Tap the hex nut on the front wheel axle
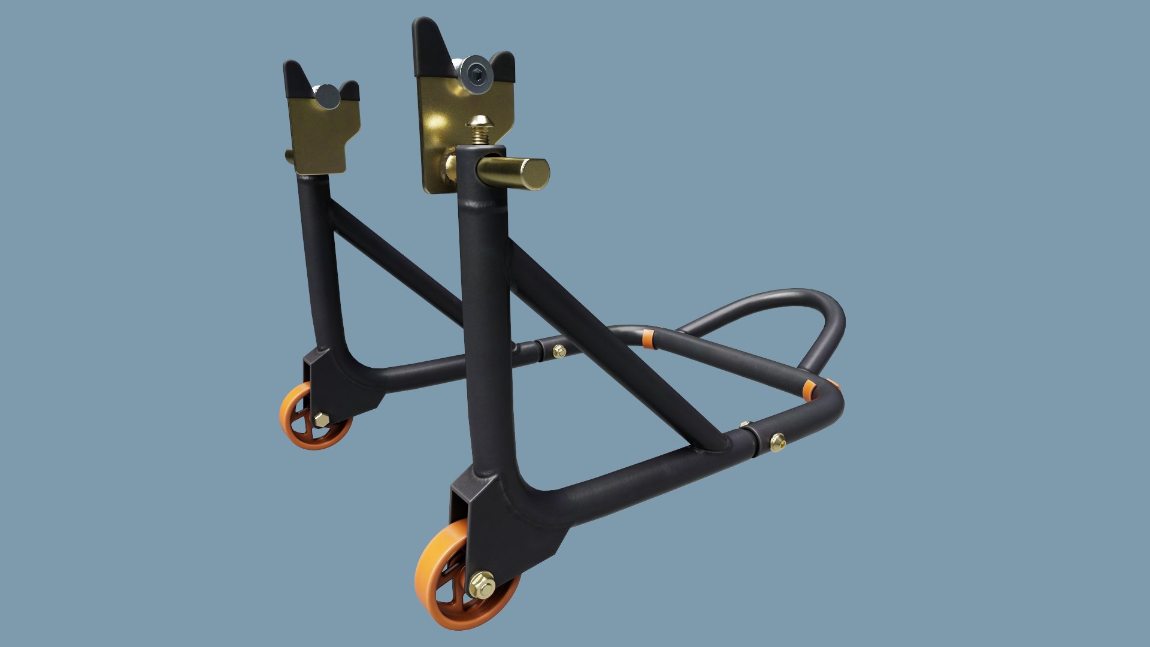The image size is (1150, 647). coord(482,585)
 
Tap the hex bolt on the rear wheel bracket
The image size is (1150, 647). coord(321,419)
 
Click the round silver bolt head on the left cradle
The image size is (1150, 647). coord(327,96)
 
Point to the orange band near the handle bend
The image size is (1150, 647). coord(810,389)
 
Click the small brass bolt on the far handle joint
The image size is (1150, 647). coord(559,351)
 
